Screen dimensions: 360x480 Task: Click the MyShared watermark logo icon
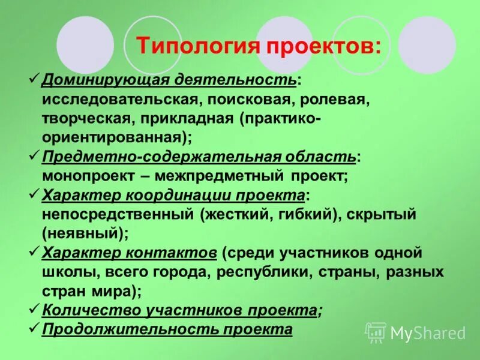click(x=376, y=332)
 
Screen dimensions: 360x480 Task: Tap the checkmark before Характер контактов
click(x=34, y=252)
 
